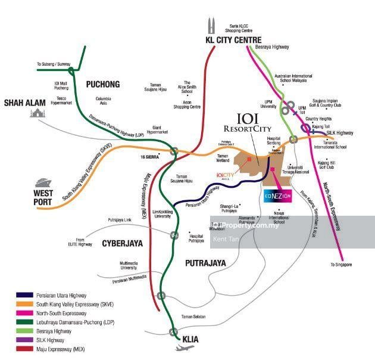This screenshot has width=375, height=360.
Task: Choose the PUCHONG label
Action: (102, 84)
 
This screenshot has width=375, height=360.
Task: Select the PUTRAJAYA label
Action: (205, 262)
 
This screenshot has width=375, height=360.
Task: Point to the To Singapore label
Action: (342, 265)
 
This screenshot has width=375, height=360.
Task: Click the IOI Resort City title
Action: (247, 123)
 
